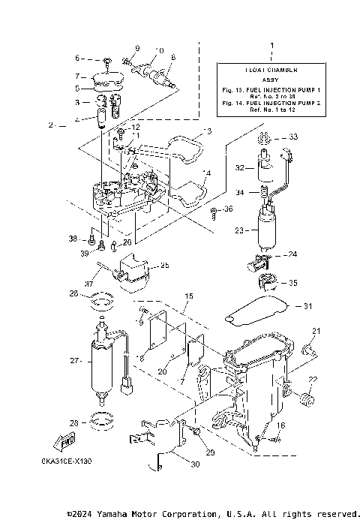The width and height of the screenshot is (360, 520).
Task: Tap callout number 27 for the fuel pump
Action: click(x=75, y=361)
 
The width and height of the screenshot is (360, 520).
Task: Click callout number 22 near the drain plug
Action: click(x=313, y=377)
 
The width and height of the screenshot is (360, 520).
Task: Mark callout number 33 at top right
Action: click(x=293, y=137)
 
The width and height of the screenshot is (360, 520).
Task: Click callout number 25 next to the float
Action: click(x=164, y=266)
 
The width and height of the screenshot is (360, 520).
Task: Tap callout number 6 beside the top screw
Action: click(x=76, y=58)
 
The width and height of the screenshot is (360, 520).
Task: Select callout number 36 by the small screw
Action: click(x=229, y=209)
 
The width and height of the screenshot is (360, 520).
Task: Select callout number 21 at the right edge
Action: click(x=316, y=332)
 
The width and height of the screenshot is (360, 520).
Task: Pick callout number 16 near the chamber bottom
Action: click(x=282, y=425)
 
